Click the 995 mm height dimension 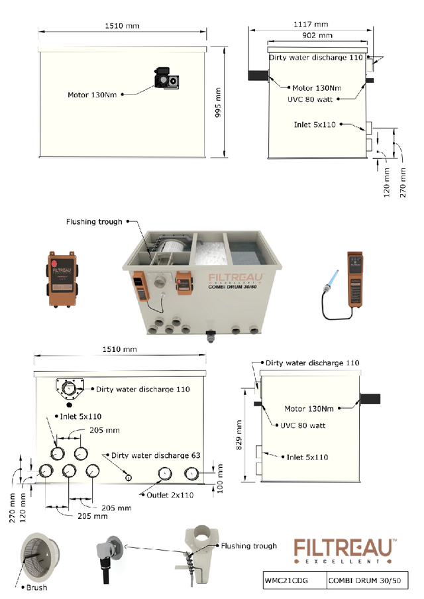218,103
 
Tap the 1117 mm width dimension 311,25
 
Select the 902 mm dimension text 317,36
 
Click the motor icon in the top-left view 166,78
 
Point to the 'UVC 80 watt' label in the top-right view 310,99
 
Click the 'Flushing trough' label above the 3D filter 94,222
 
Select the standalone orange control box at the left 61,279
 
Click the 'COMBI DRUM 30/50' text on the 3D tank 233,287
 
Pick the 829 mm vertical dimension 239,435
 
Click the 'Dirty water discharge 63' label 156,455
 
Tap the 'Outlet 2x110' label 170,495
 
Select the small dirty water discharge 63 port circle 129,478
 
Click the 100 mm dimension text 220,478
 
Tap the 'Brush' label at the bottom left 36,588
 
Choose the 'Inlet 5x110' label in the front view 81,416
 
